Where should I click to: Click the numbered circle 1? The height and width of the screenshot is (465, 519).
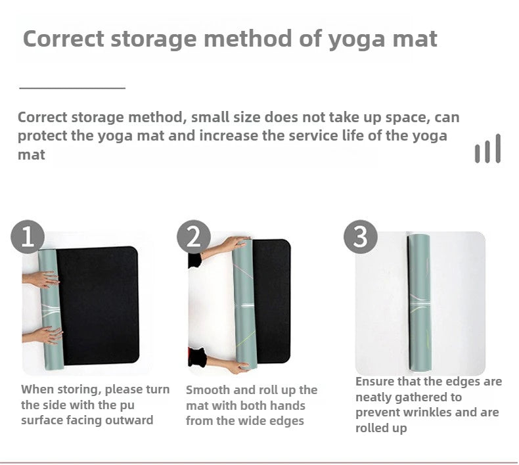click(28, 237)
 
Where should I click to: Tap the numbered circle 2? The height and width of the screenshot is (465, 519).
click(194, 237)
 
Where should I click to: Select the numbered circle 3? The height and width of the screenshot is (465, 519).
click(361, 237)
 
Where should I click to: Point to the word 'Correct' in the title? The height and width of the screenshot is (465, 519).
click(64, 39)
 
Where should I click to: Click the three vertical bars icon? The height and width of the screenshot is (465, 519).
click(488, 148)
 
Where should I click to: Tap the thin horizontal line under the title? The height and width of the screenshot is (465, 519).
click(72, 89)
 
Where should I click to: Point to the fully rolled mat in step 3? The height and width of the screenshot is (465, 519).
click(419, 303)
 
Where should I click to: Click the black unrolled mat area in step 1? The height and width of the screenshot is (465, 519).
click(98, 306)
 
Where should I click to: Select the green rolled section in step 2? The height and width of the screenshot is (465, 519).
click(245, 305)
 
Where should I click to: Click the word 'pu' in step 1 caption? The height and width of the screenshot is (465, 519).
click(125, 406)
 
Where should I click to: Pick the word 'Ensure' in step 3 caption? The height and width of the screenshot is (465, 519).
click(374, 382)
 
